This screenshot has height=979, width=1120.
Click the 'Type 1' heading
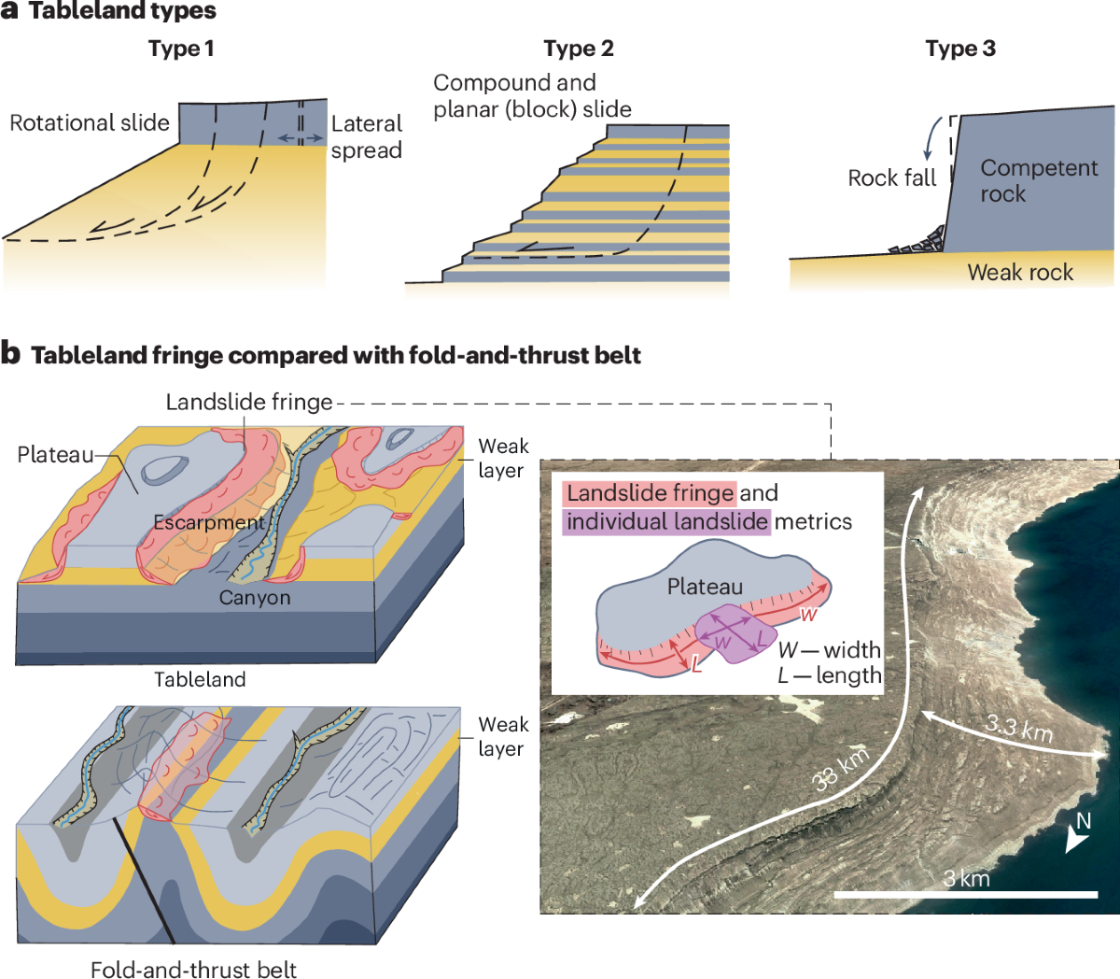click(181, 49)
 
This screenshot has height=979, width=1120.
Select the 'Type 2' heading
click(579, 49)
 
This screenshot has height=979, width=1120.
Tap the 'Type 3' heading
click(960, 49)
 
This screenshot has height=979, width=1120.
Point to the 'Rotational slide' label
click(90, 123)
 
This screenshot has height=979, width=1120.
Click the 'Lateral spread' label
click(366, 136)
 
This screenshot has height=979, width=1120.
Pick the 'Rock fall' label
click(891, 177)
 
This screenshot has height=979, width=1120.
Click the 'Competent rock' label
click(1038, 180)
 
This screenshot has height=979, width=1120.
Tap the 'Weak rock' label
click(1020, 272)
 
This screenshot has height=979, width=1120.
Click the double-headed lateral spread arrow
click(301, 138)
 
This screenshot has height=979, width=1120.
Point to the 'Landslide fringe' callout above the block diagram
click(249, 402)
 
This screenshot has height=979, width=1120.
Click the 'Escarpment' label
click(209, 522)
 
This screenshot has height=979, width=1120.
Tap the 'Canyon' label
click(255, 598)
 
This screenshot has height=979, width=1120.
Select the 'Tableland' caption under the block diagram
click(200, 679)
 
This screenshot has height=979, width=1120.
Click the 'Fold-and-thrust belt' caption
click(193, 969)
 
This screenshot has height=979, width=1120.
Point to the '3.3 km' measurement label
click(1019, 727)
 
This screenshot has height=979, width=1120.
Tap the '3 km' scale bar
click(965, 894)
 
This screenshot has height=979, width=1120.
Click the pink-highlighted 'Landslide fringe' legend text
click(650, 493)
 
